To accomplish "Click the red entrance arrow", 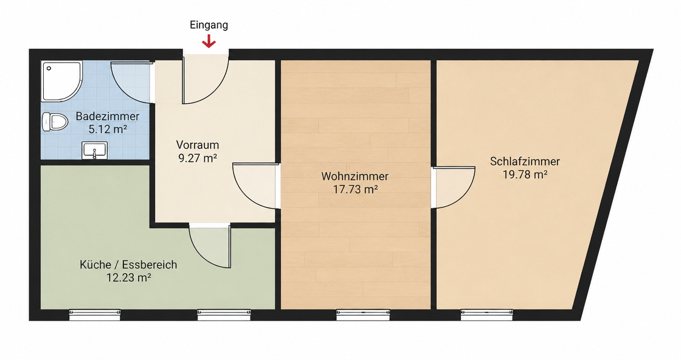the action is tap(209, 41).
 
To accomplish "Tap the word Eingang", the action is tap(209, 25).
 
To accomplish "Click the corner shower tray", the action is tap(61, 81).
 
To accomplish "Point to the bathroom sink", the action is tap(94, 150).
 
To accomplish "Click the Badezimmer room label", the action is tap(107, 116).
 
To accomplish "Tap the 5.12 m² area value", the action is tap(107, 129).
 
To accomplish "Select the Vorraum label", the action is tap(197, 145).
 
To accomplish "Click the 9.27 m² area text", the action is tap(198, 157).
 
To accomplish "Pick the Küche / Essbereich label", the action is tap(128, 265).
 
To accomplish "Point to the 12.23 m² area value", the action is tap(128, 277).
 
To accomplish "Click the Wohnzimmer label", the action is tap(355, 176).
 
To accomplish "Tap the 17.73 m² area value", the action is tap(355, 189).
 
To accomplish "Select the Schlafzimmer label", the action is tap(525, 161).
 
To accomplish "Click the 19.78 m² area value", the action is tap(525, 174).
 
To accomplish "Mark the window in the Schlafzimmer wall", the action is tap(486, 315).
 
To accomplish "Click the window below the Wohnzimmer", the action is tap(363, 315).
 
